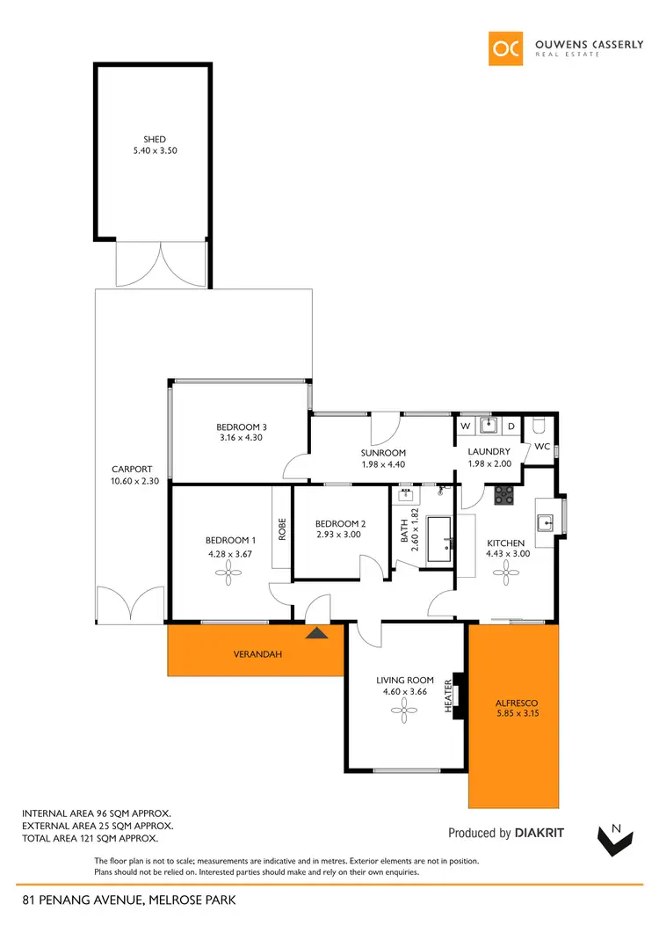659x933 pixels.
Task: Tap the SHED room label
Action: pyautogui.click(x=155, y=139)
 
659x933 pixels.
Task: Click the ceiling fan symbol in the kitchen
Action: pyautogui.click(x=506, y=574)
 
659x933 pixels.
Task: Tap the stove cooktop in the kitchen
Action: pyautogui.click(x=504, y=496)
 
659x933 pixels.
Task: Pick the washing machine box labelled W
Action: pyautogui.click(x=465, y=427)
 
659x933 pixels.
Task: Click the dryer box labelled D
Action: pyautogui.click(x=511, y=427)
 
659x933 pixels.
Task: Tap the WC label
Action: pyautogui.click(x=541, y=447)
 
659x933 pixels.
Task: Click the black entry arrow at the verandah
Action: pyautogui.click(x=315, y=631)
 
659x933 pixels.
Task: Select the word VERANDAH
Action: pyautogui.click(x=256, y=654)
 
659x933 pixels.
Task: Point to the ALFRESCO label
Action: pyautogui.click(x=514, y=703)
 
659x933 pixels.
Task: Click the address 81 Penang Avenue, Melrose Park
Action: pyautogui.click(x=129, y=900)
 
